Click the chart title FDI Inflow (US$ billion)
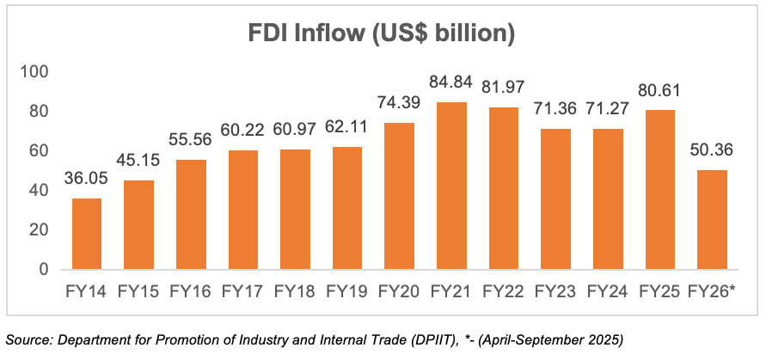point(382,34)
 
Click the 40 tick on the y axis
point(40,191)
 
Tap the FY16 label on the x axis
point(190,291)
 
